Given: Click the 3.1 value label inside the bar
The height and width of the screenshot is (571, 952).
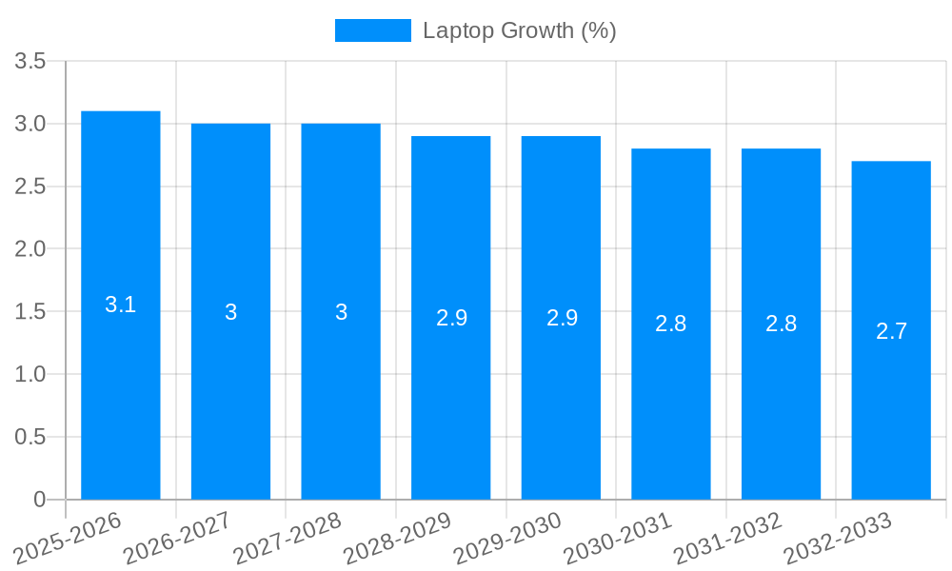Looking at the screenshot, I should coord(121,305).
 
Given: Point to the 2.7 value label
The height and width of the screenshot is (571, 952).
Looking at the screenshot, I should coord(891,331).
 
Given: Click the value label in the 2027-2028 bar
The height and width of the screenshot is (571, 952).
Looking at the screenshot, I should coord(341,312).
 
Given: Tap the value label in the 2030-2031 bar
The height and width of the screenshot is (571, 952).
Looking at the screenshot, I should coord(671,324).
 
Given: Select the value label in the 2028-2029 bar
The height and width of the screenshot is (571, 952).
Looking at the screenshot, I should coord(451,318).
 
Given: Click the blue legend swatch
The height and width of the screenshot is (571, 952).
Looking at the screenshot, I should coord(372,30).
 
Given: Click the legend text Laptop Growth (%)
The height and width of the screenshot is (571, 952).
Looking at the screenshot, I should coord(520,30).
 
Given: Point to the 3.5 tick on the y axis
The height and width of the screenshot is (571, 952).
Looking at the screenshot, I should coord(30,62).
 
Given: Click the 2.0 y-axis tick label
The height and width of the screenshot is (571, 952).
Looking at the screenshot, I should coord(30,249).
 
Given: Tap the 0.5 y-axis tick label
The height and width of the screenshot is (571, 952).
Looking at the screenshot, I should coord(30,437).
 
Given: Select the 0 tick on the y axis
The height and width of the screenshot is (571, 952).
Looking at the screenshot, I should coord(39,500).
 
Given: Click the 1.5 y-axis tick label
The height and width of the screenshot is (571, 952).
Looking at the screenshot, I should coord(30,312).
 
